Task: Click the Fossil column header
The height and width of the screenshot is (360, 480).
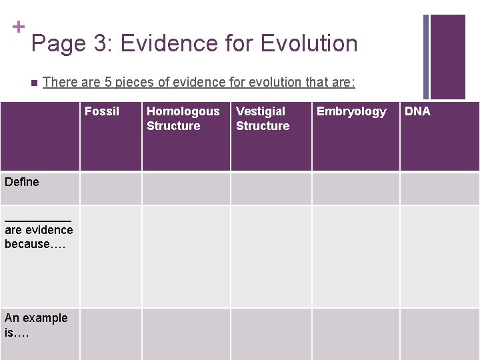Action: tap(102, 111)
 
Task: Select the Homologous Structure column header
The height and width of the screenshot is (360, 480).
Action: tap(182, 119)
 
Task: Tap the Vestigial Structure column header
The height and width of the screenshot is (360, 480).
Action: tap(263, 119)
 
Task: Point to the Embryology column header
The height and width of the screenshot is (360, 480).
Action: tap(351, 111)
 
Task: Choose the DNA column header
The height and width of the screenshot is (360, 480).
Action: tap(418, 111)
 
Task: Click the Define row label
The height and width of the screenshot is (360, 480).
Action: tap(22, 182)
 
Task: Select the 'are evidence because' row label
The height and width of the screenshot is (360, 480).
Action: tap(39, 237)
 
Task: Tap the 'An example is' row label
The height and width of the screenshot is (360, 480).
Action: tap(36, 325)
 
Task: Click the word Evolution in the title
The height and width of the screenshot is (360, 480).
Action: tap(309, 43)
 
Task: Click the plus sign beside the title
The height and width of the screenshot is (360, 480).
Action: tap(19, 27)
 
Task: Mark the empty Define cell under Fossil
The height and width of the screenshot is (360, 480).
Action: tap(111, 189)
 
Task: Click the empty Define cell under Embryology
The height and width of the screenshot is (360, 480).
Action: tap(355, 189)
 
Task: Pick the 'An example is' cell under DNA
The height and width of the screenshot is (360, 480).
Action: tap(439, 333)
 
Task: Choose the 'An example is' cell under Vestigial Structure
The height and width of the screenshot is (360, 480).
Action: tap(271, 333)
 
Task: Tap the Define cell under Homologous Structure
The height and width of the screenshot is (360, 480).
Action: tap(186, 189)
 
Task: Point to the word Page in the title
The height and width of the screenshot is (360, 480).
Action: tap(59, 44)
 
